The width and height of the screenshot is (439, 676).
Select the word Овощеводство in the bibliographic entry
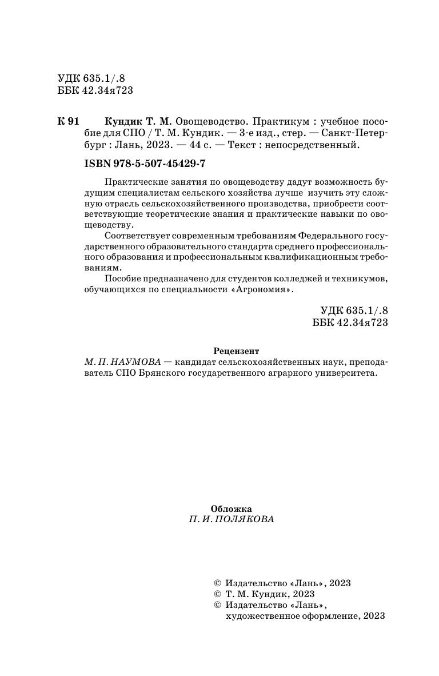click(x=211, y=122)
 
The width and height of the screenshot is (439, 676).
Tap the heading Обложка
click(x=231, y=508)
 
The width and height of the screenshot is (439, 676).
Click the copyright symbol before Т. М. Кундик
click(x=217, y=594)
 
